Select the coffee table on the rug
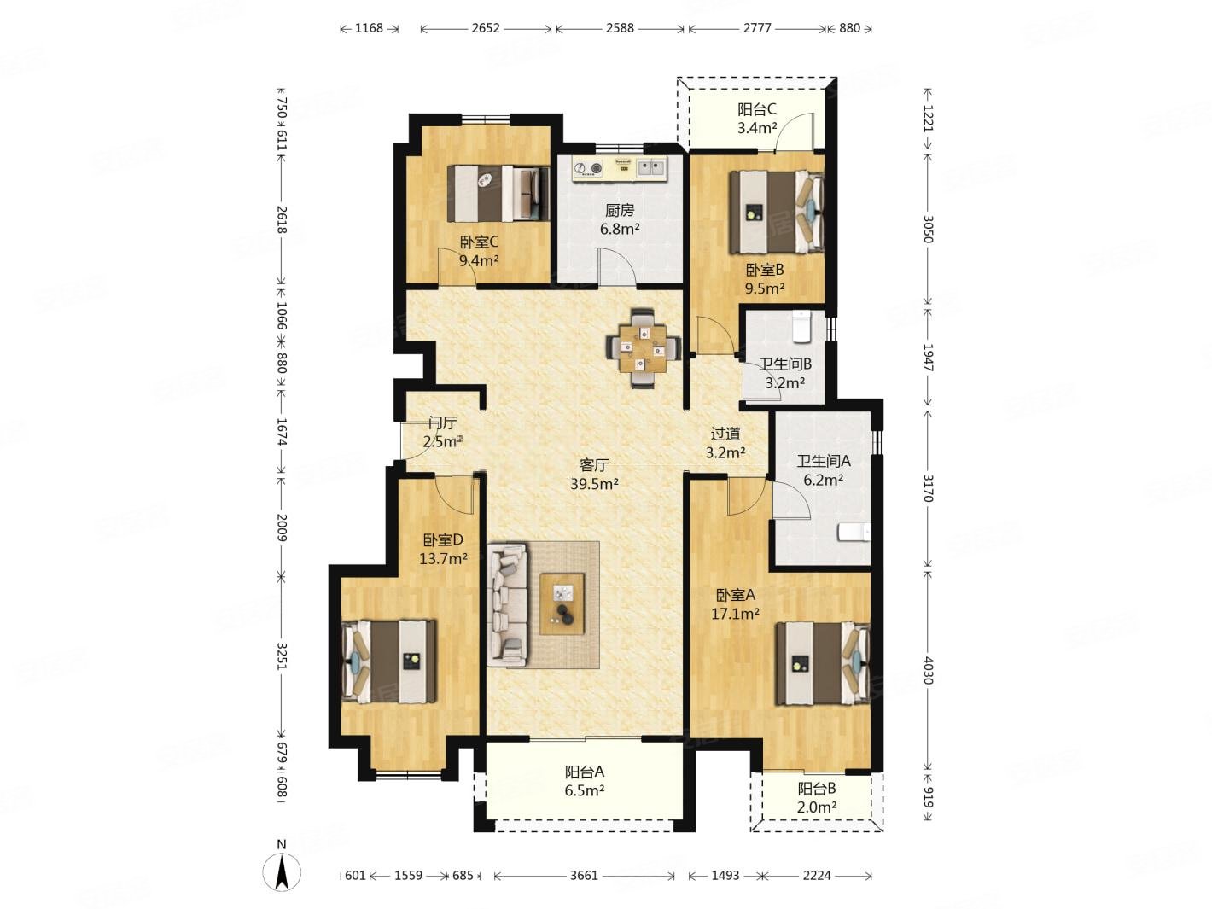[x=562, y=604]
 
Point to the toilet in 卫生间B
[x=801, y=326]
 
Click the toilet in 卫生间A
[x=854, y=533]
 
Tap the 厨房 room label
[x=620, y=210]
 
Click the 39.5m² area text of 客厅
[x=594, y=484]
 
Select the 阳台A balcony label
[x=584, y=771]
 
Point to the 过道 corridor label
[x=725, y=434]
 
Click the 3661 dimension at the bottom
[x=584, y=876]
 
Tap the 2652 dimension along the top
[x=486, y=28]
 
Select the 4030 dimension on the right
[x=928, y=670]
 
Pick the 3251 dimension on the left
[x=282, y=656]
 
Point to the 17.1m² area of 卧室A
[x=735, y=613]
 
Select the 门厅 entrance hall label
[x=443, y=423]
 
